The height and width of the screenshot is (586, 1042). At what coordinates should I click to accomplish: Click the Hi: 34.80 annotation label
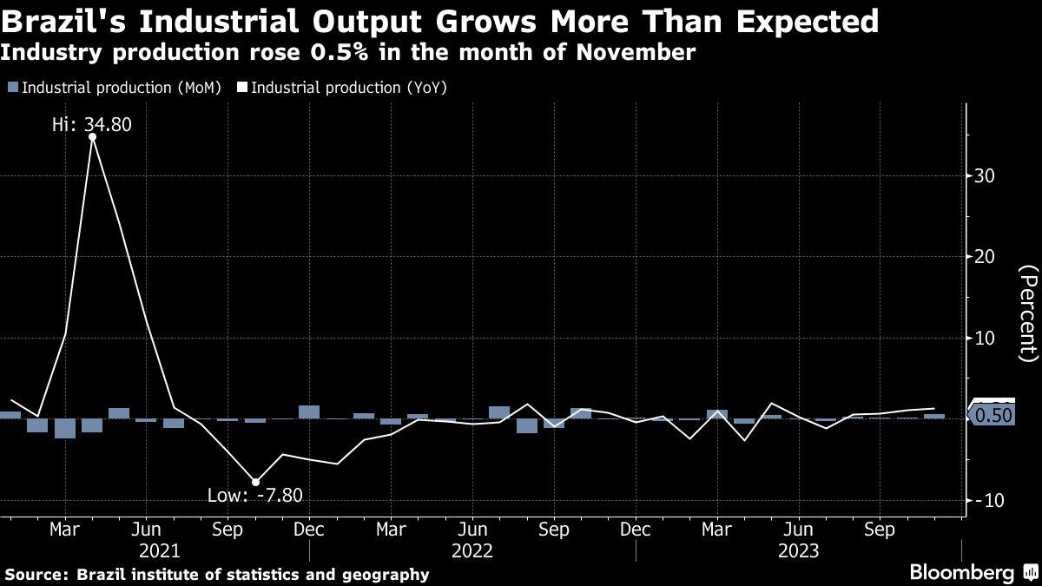tap(91, 125)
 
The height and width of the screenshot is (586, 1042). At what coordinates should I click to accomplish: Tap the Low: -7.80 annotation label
tap(254, 496)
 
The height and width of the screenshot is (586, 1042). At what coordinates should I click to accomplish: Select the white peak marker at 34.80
tap(92, 137)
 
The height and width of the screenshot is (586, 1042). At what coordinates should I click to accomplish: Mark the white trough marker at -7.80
tap(255, 482)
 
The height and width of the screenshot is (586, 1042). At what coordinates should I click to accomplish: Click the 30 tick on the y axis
tap(984, 176)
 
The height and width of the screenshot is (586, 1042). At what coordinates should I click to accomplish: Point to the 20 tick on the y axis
tap(984, 257)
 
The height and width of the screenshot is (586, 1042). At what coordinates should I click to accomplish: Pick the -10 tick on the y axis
tap(990, 501)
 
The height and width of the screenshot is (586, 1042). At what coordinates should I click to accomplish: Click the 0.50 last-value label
tap(993, 417)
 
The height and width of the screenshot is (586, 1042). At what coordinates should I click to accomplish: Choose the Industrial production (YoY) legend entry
tap(342, 88)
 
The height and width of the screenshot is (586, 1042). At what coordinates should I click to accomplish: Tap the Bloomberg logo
tap(961, 572)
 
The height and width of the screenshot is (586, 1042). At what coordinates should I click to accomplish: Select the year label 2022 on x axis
tap(472, 550)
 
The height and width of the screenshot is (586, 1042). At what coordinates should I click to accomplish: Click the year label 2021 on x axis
tap(159, 550)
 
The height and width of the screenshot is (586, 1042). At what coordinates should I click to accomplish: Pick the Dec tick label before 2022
tap(309, 529)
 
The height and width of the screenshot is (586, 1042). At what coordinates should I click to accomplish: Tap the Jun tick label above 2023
tap(799, 529)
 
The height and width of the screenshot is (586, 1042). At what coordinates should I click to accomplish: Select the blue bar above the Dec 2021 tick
tap(309, 412)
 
